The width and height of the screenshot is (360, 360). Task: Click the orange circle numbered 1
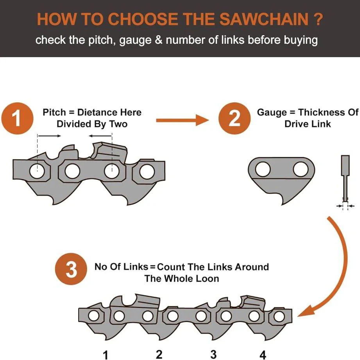click(x=18, y=118)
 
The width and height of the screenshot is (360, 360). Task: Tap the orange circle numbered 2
click(x=235, y=118)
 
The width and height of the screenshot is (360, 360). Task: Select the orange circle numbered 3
click(x=71, y=269)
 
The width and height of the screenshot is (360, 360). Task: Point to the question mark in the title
click(x=318, y=19)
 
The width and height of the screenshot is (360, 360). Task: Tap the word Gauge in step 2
click(x=272, y=113)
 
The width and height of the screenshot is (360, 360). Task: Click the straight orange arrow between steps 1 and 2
click(x=183, y=120)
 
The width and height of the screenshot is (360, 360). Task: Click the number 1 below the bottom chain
click(x=106, y=355)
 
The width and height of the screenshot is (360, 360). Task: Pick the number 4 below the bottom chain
click(x=263, y=355)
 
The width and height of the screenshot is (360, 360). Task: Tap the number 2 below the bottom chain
click(x=159, y=355)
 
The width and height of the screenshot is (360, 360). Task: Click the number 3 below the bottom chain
click(x=213, y=355)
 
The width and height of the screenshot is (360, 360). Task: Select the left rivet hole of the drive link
click(x=263, y=169)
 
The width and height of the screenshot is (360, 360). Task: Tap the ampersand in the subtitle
click(x=159, y=40)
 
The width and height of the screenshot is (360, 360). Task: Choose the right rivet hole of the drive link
click(x=301, y=169)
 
